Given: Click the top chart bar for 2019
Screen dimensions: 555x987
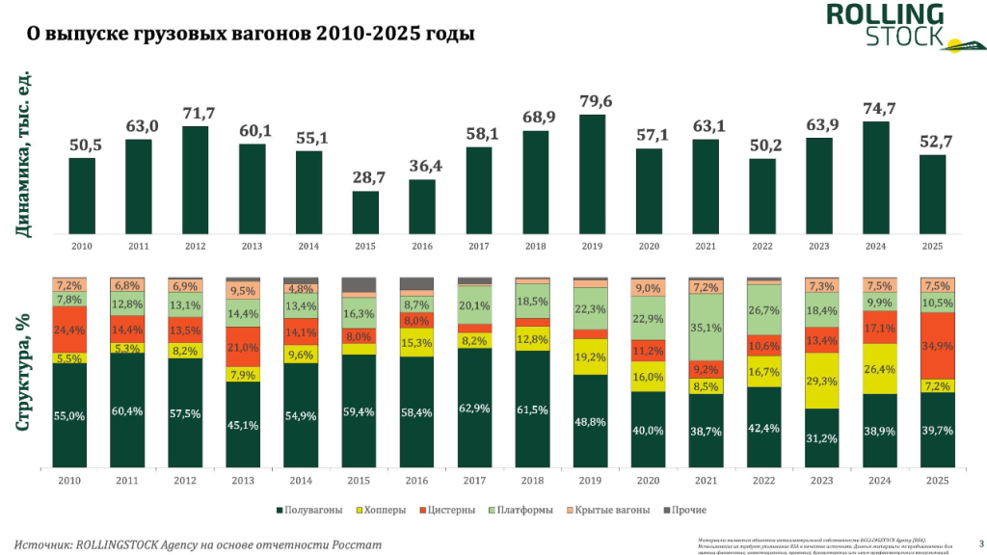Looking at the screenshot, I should (592, 173).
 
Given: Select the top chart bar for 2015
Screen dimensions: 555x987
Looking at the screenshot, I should (365, 212).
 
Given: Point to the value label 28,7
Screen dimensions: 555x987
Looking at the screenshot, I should (365, 178).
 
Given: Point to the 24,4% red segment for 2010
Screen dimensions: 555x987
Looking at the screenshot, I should (69, 330).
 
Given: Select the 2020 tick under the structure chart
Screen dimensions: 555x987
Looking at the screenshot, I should (649, 480).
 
